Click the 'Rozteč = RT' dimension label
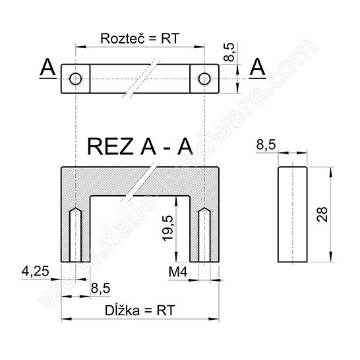(140, 38)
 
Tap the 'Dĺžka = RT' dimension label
(140, 311)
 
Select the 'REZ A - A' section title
(140, 147)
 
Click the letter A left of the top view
(47, 67)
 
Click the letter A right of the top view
(257, 67)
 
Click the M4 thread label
(178, 272)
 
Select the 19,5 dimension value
(168, 228)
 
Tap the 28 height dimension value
(322, 214)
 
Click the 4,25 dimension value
(36, 271)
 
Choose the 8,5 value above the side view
(266, 144)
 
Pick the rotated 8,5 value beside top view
(229, 52)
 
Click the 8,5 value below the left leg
(101, 288)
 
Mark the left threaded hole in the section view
(75, 235)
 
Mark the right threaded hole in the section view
(204, 235)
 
